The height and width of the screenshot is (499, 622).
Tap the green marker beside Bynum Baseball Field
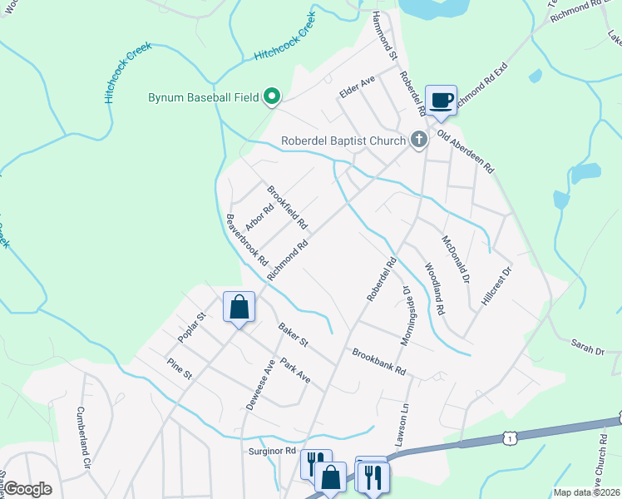[271, 98]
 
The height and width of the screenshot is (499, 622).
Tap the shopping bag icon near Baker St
[239, 307]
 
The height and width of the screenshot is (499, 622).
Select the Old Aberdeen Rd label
[466, 153]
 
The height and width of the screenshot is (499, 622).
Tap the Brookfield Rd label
[287, 208]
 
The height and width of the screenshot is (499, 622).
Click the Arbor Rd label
[259, 220]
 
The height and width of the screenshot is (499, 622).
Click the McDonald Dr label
[456, 259]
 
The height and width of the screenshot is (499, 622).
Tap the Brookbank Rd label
[379, 361]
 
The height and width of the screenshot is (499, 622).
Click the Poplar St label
[191, 328]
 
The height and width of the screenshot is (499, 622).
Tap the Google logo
[28, 489]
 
